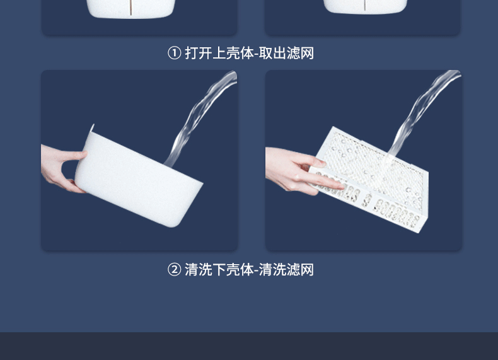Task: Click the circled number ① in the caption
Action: (x=175, y=53)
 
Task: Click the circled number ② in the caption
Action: (x=175, y=270)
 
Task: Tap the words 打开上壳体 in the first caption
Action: (x=219, y=53)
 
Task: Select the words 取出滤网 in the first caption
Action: (x=286, y=53)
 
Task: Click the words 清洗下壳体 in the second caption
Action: (x=219, y=270)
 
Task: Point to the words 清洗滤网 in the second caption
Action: (x=286, y=270)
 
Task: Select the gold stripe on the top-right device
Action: (x=365, y=5)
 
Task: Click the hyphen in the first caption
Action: (x=257, y=54)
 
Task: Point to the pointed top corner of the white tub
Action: (x=93, y=125)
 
